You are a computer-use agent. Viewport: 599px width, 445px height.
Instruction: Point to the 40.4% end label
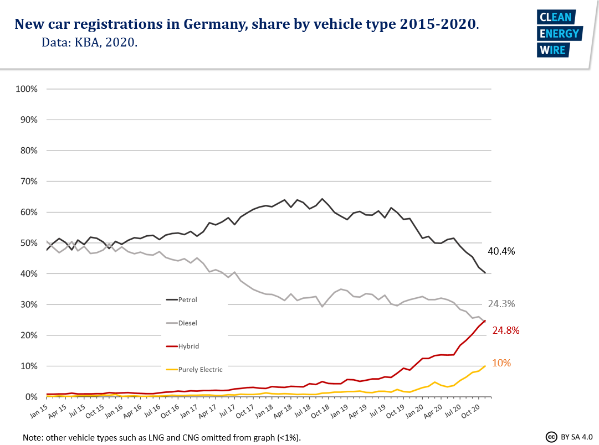pyautogui.click(x=501, y=251)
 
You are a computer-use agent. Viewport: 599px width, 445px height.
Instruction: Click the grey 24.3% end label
pyautogui.click(x=501, y=304)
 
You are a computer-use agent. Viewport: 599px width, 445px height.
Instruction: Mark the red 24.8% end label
pyautogui.click(x=506, y=330)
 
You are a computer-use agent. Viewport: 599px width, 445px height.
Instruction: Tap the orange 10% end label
pyautogui.click(x=501, y=363)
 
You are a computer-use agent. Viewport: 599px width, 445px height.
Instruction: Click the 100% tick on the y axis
pyautogui.click(x=27, y=89)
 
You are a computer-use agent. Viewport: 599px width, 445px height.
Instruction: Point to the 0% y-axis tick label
pyautogui.click(x=31, y=397)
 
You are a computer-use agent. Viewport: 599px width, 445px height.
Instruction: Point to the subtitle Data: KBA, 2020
pyautogui.click(x=89, y=42)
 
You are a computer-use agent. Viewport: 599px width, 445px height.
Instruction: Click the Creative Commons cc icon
pyautogui.click(x=551, y=437)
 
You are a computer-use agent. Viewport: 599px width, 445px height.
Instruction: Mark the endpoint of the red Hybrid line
pyautogui.click(x=485, y=320)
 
